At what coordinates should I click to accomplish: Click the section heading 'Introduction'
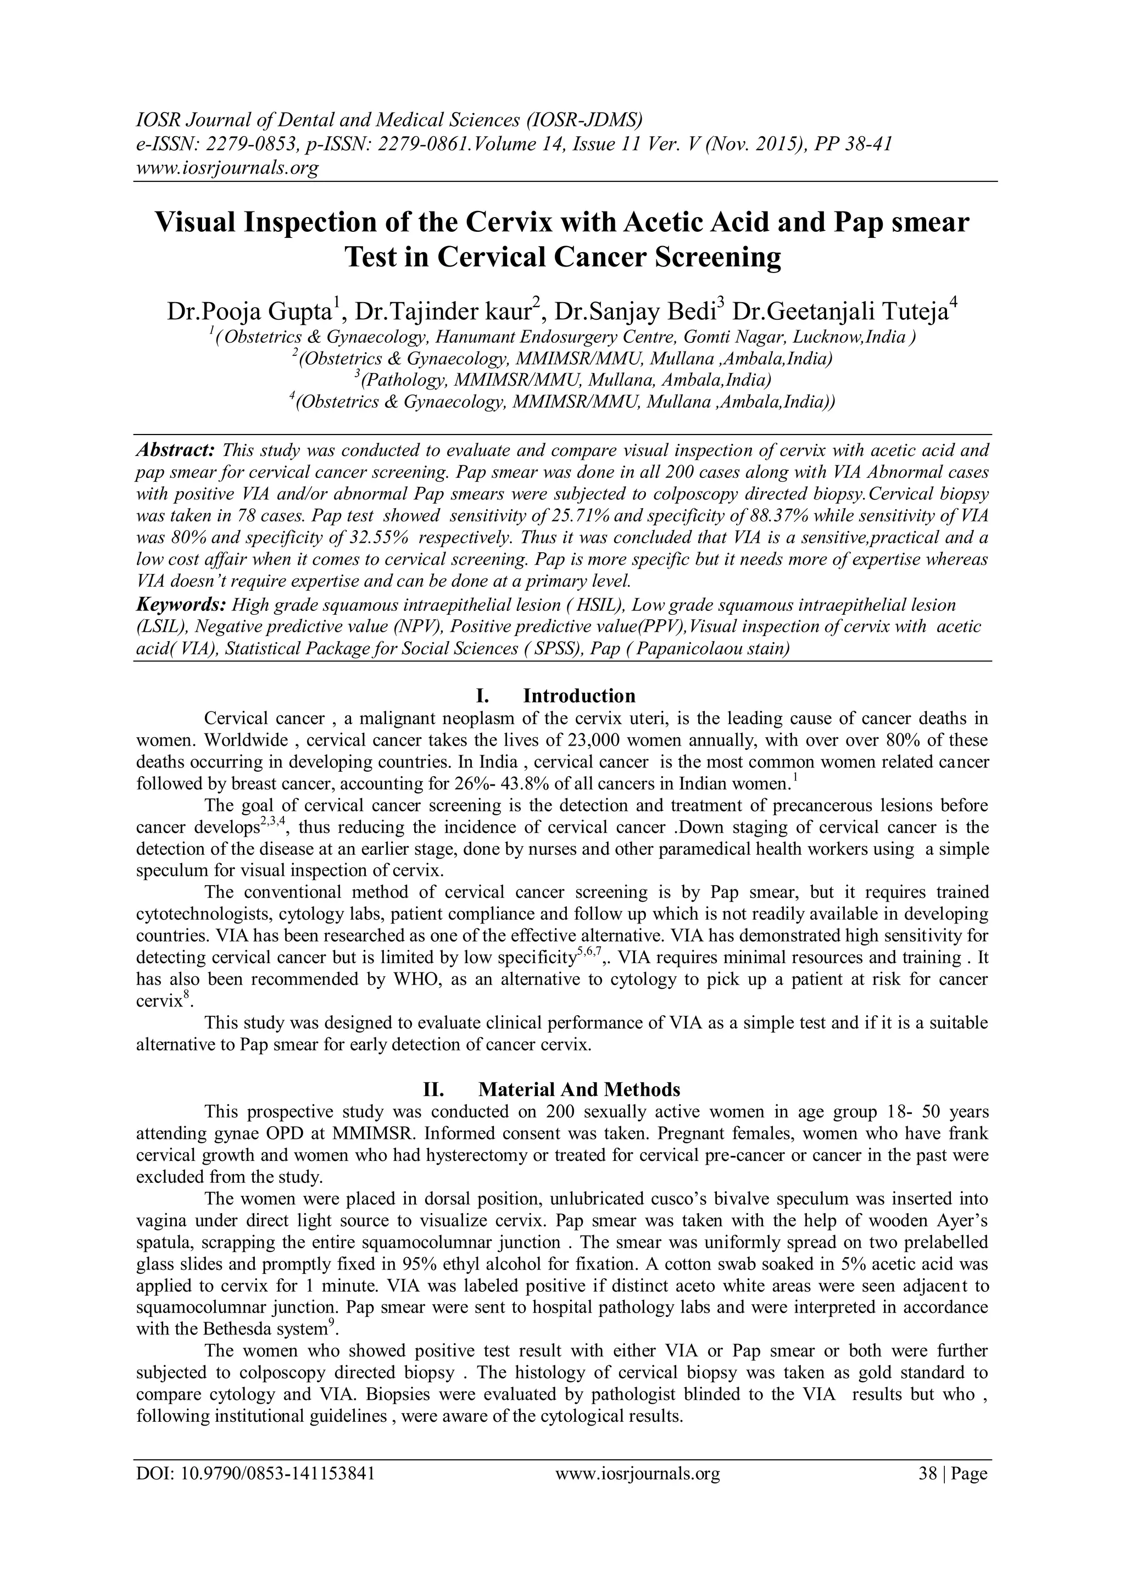point(579,696)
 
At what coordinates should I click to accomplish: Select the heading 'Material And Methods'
point(579,1090)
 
